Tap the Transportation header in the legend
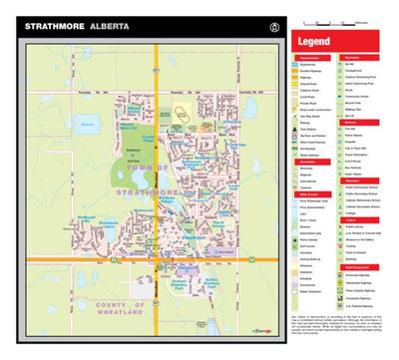coord(310,59)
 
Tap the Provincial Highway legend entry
coord(365,274)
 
